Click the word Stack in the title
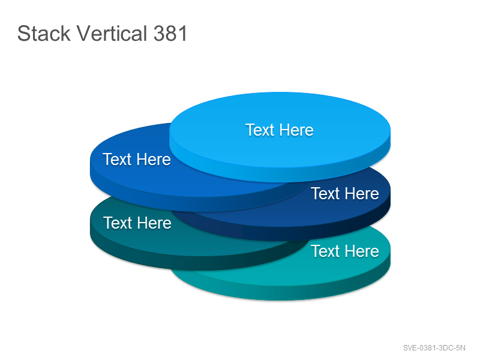[44, 33]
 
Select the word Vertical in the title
[112, 33]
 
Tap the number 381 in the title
[170, 33]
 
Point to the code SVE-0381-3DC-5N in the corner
[434, 348]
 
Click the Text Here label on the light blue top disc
[280, 130]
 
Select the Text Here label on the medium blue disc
[137, 159]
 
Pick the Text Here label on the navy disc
[345, 193]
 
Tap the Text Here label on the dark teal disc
[137, 223]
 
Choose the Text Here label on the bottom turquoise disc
[345, 251]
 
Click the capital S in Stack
[23, 33]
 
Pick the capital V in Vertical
[83, 33]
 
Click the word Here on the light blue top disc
[296, 130]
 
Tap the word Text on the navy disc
[326, 193]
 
